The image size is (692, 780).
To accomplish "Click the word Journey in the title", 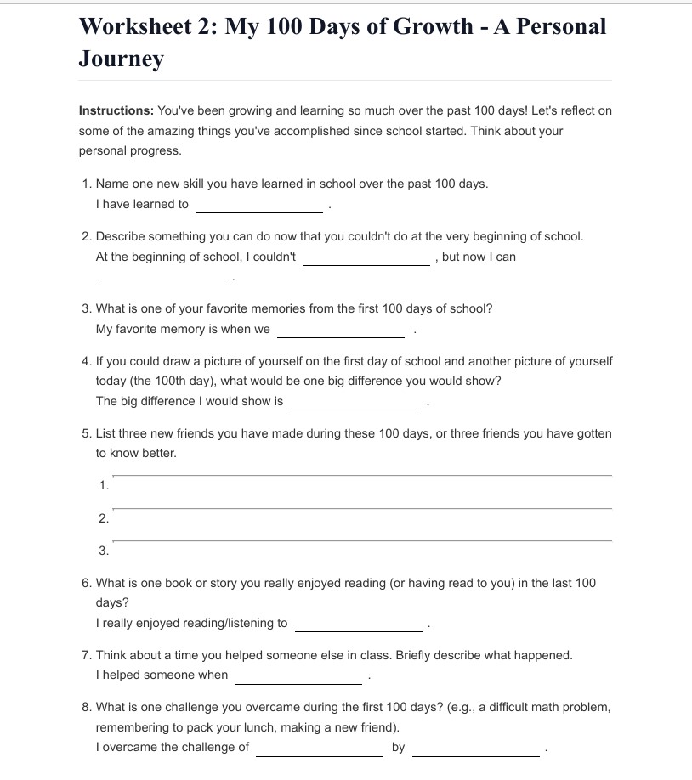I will [x=121, y=59].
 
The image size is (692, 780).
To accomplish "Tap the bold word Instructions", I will [x=116, y=110].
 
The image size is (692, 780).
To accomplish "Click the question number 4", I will [x=87, y=361].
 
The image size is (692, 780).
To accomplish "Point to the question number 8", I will [x=87, y=707].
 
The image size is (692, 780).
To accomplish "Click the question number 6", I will [x=87, y=583].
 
